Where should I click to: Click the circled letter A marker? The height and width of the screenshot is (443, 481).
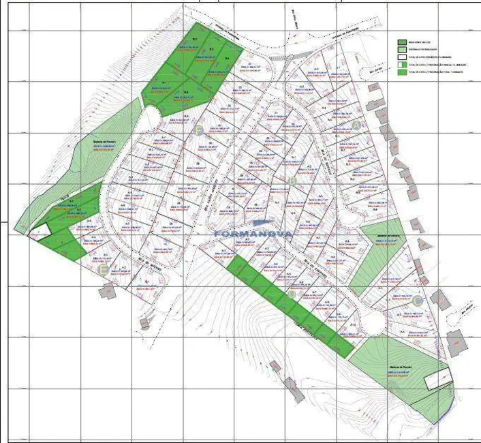click(356, 126)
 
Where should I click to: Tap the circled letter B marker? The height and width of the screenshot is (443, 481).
click(292, 181)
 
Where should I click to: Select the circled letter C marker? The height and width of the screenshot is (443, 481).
click(418, 300)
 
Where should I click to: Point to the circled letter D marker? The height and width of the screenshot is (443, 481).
click(291, 295)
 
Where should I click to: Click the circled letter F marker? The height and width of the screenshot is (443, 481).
click(198, 130)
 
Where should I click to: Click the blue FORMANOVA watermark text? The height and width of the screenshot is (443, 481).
click(253, 232)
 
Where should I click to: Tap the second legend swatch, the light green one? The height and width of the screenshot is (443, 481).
click(402, 50)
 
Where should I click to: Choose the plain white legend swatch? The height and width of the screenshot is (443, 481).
click(402, 57)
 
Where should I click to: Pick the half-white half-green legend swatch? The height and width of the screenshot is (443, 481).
click(402, 64)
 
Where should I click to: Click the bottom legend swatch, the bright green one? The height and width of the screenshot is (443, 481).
click(402, 72)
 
